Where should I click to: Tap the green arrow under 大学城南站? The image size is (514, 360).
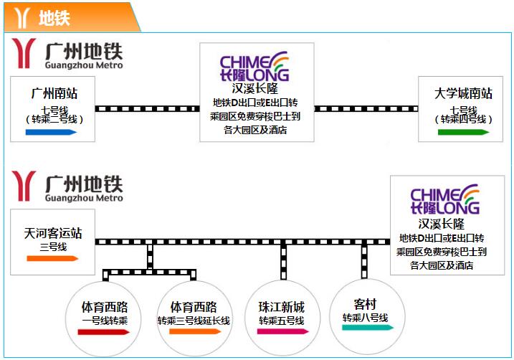coord(464,132)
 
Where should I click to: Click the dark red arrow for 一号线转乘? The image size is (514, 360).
coord(105,332)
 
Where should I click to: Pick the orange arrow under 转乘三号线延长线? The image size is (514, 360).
coord(194,332)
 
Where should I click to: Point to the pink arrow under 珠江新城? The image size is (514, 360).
coord(282,332)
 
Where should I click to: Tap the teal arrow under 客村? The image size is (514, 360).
coord(367,328)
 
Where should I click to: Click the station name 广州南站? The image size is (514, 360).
coord(54,94)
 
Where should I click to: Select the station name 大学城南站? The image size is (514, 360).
coord(463,94)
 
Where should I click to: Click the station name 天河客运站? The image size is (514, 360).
coord(53,233)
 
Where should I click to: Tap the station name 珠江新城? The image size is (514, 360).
coord(282,306)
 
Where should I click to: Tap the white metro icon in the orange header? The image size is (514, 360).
coord(22,17)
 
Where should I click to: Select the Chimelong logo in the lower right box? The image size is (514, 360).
coord(444,199)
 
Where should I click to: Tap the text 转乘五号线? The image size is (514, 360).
coord(282,320)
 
